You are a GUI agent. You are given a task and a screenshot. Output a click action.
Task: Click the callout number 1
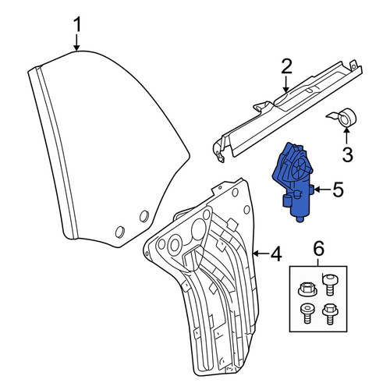pyautogui.click(x=77, y=25)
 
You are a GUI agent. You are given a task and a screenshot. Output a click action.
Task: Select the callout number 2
pyautogui.click(x=286, y=67)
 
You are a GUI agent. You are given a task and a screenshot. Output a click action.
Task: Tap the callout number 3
pyautogui.click(x=347, y=154)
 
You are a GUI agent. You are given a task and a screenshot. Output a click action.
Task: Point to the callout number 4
pyautogui.click(x=276, y=254)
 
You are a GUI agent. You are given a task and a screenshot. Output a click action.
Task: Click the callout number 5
pyautogui.click(x=338, y=190)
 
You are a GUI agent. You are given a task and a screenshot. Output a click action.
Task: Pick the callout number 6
pyautogui.click(x=319, y=248)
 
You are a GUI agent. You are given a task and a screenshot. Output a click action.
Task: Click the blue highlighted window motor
pyautogui.click(x=293, y=182)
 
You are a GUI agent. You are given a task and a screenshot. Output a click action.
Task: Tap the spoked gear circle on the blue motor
pyautogui.click(x=300, y=168)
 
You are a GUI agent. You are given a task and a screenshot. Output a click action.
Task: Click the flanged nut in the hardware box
pyautogui.click(x=307, y=289)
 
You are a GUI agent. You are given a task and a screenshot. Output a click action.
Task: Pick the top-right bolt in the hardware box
pyautogui.click(x=329, y=285)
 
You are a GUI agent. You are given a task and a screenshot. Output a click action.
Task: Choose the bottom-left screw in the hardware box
pyautogui.click(x=307, y=314)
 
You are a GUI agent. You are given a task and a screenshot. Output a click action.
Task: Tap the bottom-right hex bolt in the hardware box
pyautogui.click(x=330, y=314)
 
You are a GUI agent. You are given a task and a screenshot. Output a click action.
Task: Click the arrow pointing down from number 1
pyautogui.click(x=76, y=43)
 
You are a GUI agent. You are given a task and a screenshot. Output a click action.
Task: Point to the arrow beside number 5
pyautogui.click(x=322, y=190)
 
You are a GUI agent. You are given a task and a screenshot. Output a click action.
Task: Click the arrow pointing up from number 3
pyautogui.click(x=346, y=136)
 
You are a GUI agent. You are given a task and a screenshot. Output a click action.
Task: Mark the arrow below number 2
pyautogui.click(x=286, y=84)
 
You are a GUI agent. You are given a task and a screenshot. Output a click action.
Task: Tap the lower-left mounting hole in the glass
pyautogui.click(x=119, y=232)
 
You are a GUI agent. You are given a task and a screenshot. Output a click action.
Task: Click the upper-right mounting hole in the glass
pyautogui.click(x=144, y=216)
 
